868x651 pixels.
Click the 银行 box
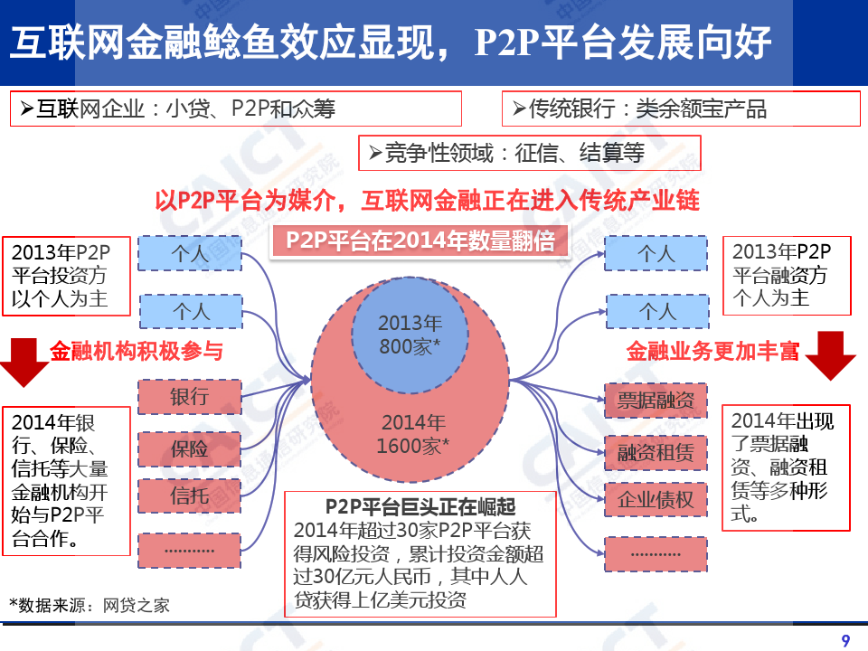click(x=190, y=396)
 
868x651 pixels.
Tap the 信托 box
click(x=190, y=495)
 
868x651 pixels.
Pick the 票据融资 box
click(x=656, y=401)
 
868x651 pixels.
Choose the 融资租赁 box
click(x=656, y=451)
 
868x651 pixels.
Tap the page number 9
click(x=845, y=641)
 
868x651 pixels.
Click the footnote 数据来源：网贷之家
click(x=90, y=605)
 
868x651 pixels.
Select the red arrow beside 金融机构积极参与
click(x=24, y=360)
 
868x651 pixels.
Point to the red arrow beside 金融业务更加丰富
click(x=830, y=355)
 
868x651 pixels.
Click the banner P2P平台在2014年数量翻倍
click(x=420, y=241)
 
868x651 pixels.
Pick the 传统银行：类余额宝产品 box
click(x=680, y=109)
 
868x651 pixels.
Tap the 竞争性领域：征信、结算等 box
click(x=530, y=154)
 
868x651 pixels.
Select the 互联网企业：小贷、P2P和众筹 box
click(x=235, y=109)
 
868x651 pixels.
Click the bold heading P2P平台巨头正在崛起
click(x=420, y=506)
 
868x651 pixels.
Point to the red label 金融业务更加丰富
click(x=713, y=352)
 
